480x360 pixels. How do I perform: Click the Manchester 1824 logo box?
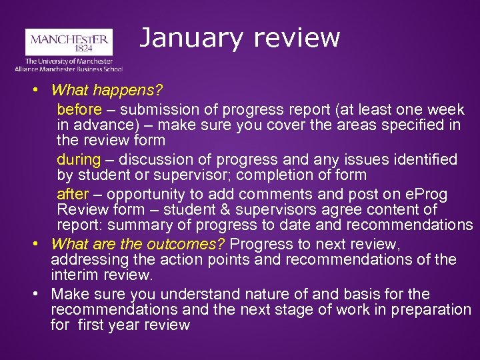click(x=69, y=41)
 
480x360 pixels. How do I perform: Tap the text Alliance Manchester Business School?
click(x=69, y=68)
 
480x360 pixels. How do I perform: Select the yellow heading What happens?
click(x=107, y=89)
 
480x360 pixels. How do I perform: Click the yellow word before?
click(x=79, y=109)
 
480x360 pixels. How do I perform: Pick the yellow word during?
click(x=78, y=159)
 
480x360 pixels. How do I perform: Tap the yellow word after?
click(x=72, y=194)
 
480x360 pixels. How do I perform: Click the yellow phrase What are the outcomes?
click(x=138, y=243)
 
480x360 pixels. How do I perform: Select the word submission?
click(x=154, y=109)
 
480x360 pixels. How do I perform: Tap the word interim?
click(x=73, y=275)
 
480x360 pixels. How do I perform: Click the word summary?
click(x=135, y=225)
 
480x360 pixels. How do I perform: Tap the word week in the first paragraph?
click(x=444, y=109)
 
